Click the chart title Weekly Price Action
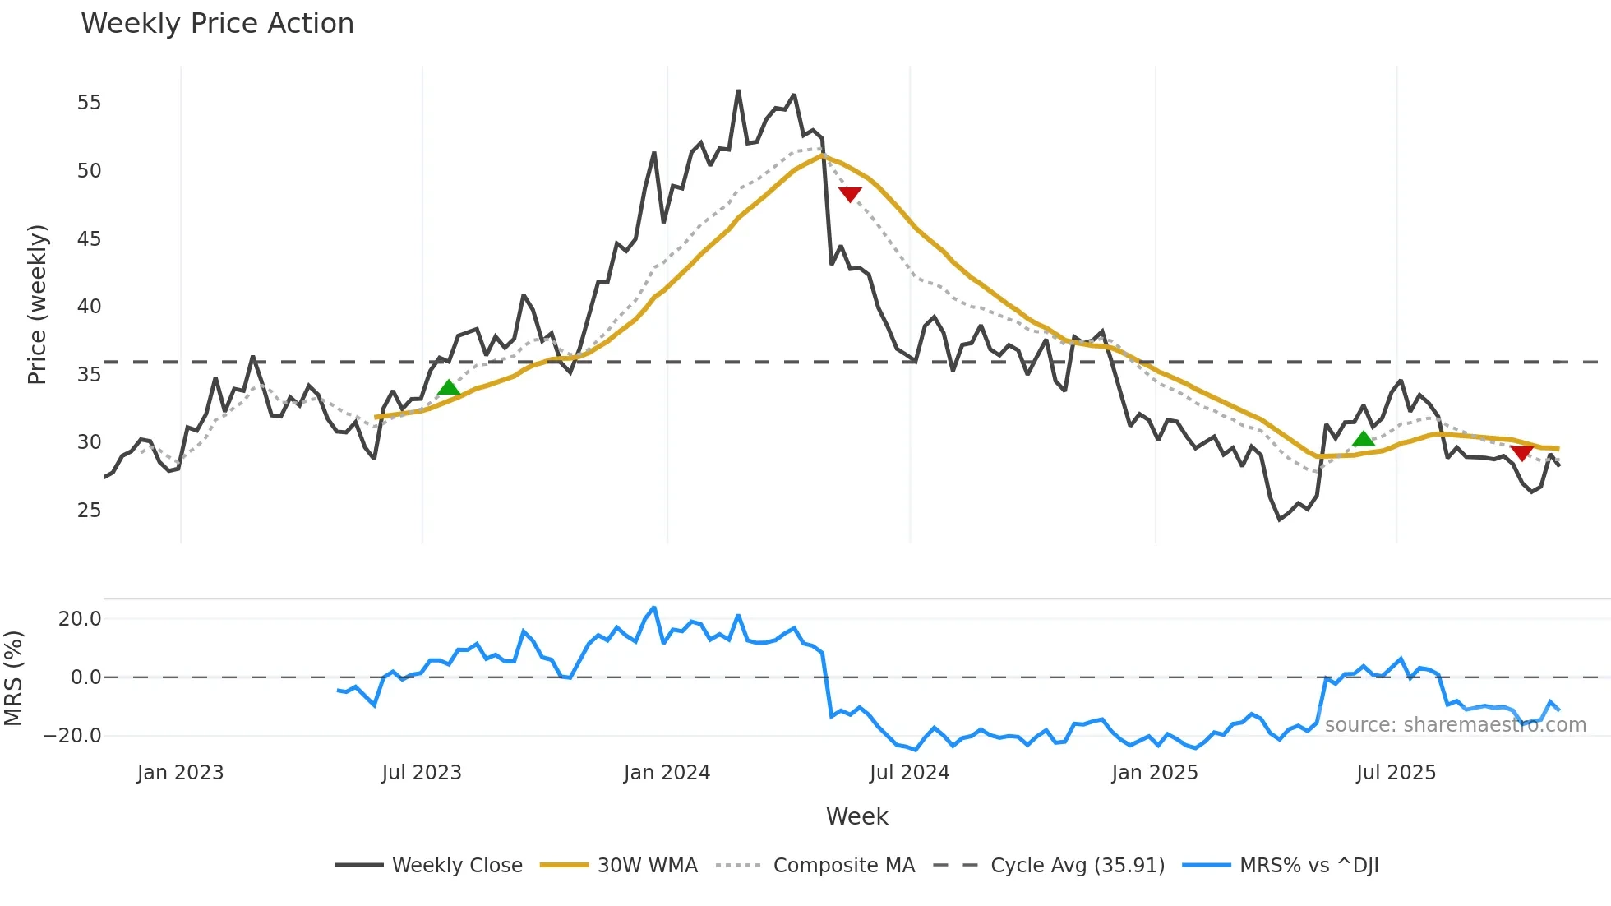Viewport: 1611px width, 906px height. (217, 24)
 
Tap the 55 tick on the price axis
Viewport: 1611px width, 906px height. (89, 103)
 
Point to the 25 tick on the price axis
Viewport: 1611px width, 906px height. (89, 511)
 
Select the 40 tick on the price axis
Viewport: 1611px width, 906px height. (89, 307)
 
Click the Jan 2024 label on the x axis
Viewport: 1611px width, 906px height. (667, 773)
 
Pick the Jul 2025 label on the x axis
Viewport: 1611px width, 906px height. (1396, 773)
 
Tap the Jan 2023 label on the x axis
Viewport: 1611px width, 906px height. (180, 773)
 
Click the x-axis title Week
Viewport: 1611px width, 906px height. (856, 816)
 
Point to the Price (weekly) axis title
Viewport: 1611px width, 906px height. (37, 304)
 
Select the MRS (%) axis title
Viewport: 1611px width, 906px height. (13, 678)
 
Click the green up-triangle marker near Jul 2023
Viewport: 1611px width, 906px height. (449, 387)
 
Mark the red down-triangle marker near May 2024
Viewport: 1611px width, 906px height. (850, 195)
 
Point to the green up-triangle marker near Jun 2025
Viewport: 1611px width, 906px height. (1364, 439)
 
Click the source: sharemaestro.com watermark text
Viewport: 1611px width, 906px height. (1455, 725)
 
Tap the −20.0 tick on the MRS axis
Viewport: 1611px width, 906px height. (72, 736)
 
